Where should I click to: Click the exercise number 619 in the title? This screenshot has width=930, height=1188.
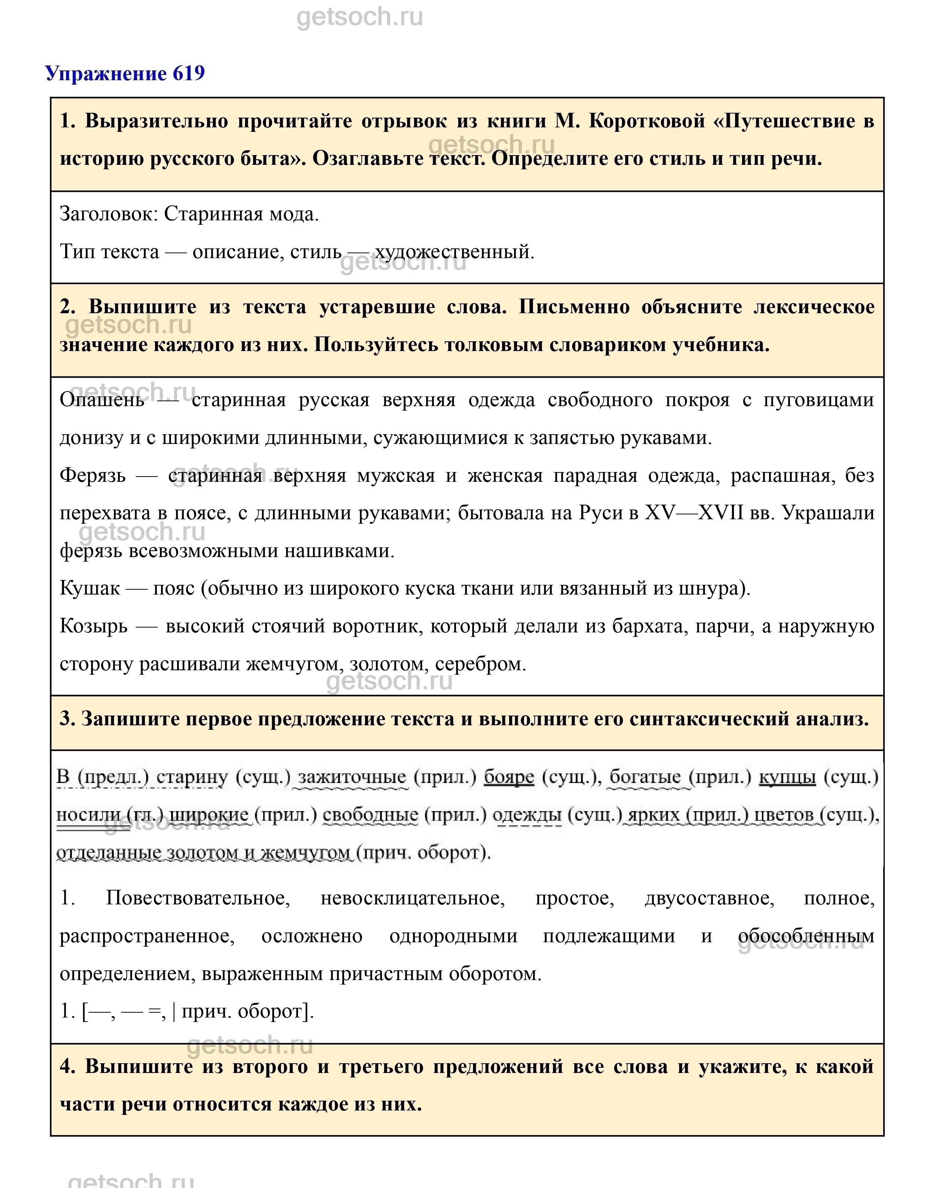click(188, 73)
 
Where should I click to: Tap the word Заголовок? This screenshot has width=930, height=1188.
click(107, 214)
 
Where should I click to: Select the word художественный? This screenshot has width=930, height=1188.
click(453, 252)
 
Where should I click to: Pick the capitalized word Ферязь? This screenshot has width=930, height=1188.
click(92, 475)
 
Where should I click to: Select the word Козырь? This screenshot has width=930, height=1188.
click(94, 626)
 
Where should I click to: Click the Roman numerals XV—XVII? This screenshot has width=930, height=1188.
click(694, 513)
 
